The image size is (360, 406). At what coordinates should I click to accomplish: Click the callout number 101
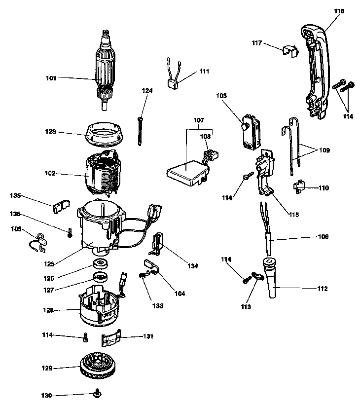(51, 78)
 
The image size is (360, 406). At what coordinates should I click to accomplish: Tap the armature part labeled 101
(106, 71)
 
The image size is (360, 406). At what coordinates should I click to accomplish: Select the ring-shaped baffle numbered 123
(104, 134)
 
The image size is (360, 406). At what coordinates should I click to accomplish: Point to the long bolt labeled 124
(140, 131)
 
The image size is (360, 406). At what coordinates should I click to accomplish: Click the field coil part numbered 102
(103, 173)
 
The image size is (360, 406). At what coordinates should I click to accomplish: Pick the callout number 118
(339, 11)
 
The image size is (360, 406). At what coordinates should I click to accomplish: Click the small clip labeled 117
(290, 51)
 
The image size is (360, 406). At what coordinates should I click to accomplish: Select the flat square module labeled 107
(187, 173)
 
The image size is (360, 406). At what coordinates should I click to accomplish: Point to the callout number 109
(324, 150)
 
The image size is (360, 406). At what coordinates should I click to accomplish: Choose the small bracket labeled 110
(299, 186)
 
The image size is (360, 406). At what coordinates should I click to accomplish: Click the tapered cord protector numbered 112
(269, 278)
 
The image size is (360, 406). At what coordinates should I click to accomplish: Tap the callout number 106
(323, 236)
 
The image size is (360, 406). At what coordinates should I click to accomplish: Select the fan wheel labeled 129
(97, 366)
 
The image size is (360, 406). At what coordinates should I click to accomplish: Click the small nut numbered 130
(97, 394)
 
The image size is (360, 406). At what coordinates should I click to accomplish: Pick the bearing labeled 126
(100, 264)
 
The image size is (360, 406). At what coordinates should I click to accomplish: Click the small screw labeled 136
(70, 232)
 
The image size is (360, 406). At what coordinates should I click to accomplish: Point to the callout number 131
(148, 336)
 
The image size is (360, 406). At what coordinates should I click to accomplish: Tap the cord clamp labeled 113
(257, 276)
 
